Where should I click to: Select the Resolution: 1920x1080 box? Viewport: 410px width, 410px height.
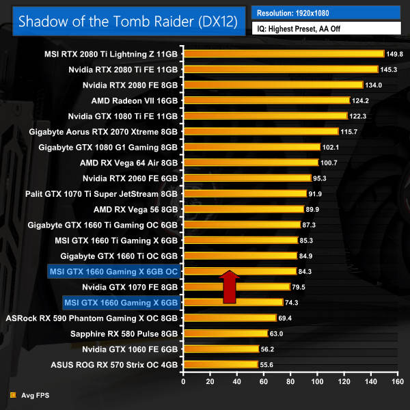pos(326,12)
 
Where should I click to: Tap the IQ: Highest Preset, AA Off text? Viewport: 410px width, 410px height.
pos(312,29)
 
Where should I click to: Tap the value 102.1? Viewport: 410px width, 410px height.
pos(331,146)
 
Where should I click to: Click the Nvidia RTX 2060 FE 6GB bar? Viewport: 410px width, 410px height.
pos(246,178)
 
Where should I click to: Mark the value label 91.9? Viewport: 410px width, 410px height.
pos(316,193)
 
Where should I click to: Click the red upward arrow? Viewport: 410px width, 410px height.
pos(230,286)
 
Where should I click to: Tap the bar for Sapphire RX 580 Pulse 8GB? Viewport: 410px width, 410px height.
pos(225,333)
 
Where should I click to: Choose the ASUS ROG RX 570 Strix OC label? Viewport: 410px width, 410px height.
pos(114,364)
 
